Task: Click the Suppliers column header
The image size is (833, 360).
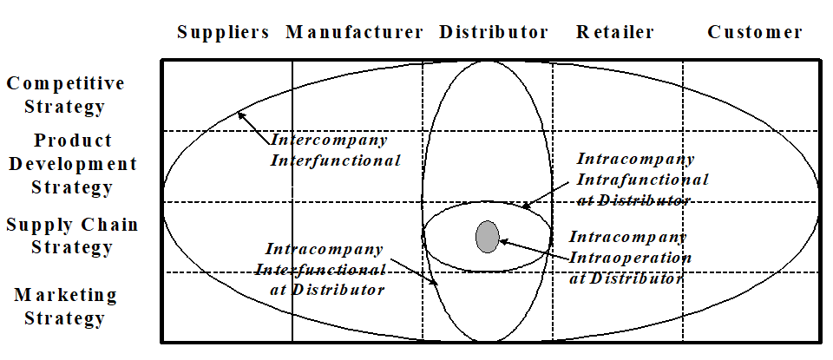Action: coord(223,33)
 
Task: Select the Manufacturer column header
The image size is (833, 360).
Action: coord(354,33)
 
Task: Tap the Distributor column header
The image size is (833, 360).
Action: coord(494,33)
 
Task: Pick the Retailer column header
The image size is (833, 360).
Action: coord(614,33)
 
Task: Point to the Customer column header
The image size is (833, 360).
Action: coord(755,33)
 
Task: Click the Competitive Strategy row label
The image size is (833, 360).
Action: coord(65,95)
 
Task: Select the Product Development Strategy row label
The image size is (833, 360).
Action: coord(73,163)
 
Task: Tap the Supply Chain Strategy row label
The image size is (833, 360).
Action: coord(72,236)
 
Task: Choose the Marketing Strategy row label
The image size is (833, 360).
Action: coord(65,306)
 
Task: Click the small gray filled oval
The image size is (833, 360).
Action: coord(488,236)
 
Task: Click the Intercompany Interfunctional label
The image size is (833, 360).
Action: coord(335,149)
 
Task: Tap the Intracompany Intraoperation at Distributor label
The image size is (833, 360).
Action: coord(627,258)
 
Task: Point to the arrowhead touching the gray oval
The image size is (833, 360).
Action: coord(502,240)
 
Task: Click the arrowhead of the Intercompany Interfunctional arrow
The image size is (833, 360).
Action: coord(242,115)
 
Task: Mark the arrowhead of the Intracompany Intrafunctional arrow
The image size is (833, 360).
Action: coord(525,206)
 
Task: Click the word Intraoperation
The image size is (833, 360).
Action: coord(630,258)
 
